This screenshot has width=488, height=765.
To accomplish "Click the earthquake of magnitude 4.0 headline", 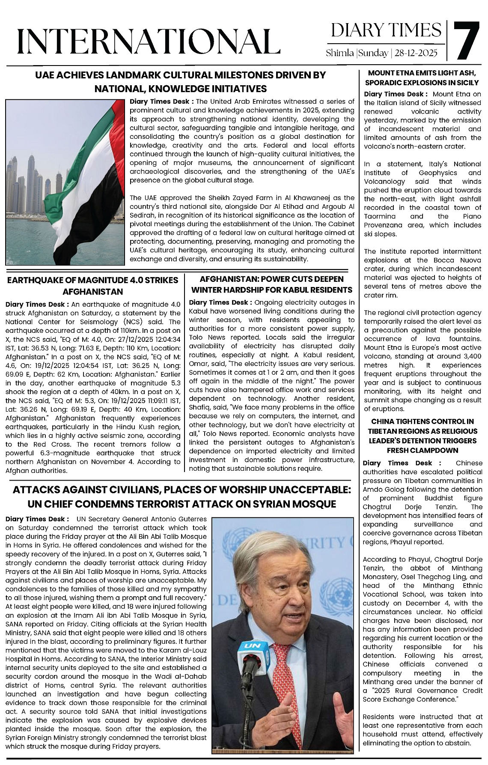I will (x=93, y=286).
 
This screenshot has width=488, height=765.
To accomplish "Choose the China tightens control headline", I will (x=422, y=436).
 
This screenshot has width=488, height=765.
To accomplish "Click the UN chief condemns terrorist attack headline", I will (x=182, y=496).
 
